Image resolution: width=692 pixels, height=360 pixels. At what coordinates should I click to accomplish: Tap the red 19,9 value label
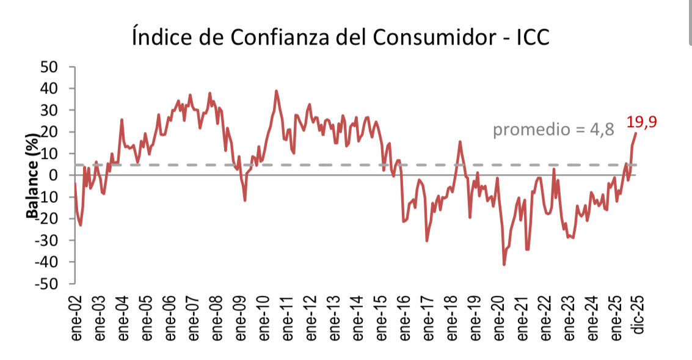click(x=641, y=122)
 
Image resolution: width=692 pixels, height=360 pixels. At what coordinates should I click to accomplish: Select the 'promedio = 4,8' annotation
click(x=553, y=130)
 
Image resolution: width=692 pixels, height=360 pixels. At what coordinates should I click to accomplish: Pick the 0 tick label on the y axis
click(x=54, y=175)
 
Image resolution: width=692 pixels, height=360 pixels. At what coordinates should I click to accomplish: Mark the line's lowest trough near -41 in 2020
click(x=504, y=265)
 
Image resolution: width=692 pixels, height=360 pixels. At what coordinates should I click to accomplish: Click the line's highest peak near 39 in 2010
click(x=276, y=91)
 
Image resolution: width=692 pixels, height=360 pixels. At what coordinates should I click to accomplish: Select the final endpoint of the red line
click(x=636, y=133)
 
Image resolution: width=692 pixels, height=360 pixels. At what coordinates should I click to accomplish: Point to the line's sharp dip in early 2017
click(x=426, y=241)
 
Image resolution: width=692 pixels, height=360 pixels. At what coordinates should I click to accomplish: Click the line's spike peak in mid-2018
click(x=460, y=142)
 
